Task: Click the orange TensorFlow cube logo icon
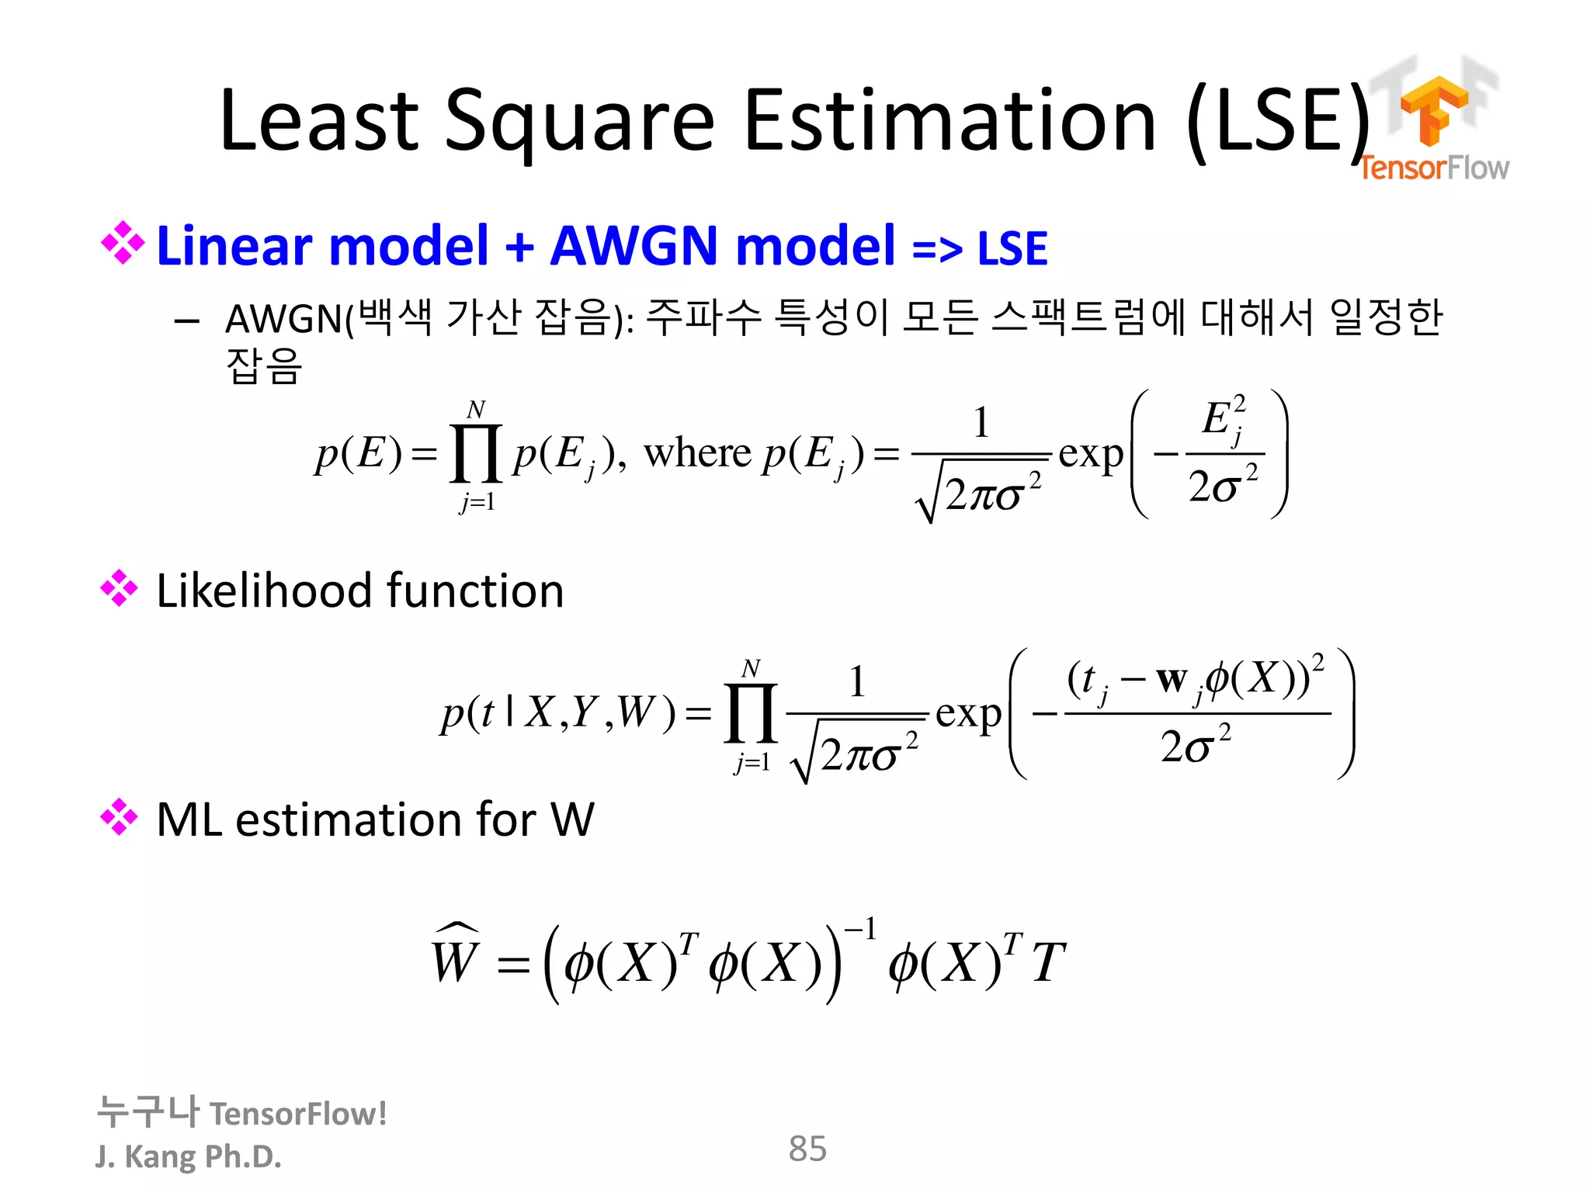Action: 1433,109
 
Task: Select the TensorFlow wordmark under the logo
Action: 1433,168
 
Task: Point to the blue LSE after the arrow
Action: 1012,249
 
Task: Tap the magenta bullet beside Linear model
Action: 122,244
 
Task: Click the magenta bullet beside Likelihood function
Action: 120,588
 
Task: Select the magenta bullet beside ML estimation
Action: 120,817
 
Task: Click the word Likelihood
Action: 265,591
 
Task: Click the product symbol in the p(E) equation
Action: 476,453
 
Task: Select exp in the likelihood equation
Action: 968,713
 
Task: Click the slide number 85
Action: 807,1149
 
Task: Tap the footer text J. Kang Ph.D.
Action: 188,1156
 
